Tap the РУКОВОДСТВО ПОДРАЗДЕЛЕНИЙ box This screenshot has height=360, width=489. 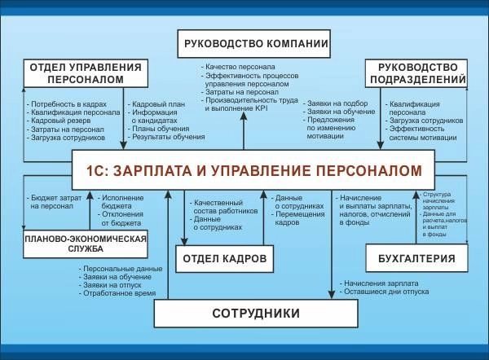pyautogui.click(x=416, y=73)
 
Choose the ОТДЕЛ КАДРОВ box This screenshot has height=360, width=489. pyautogui.click(x=222, y=258)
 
